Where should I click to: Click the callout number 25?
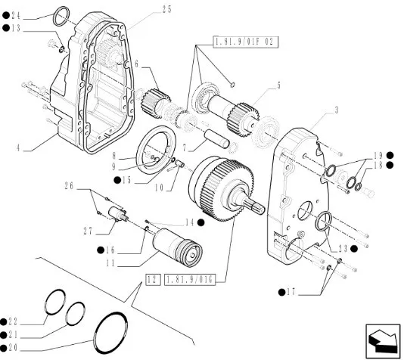click(166, 10)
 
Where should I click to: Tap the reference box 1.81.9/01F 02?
click(246, 42)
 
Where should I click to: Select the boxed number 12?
click(153, 279)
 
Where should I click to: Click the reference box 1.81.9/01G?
click(189, 280)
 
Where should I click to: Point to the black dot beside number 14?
click(201, 222)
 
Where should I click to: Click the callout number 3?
click(336, 110)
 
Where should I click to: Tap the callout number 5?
click(278, 85)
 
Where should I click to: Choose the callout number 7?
click(185, 148)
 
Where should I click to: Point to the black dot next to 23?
click(354, 249)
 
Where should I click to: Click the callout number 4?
click(18, 148)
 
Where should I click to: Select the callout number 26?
click(69, 186)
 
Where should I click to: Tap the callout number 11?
click(110, 263)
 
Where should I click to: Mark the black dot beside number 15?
click(117, 180)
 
